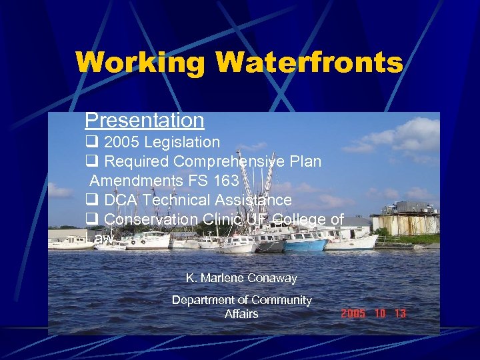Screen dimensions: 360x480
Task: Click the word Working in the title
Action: [x=141, y=63]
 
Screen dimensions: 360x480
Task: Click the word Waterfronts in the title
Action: [x=309, y=63]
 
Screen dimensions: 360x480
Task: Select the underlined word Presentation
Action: [x=144, y=121]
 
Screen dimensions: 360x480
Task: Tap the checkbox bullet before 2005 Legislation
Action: [x=91, y=142]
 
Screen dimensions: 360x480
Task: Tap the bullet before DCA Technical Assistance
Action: [x=91, y=200]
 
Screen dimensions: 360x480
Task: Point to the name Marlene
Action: [x=219, y=278]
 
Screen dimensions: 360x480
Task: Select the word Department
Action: [x=204, y=300]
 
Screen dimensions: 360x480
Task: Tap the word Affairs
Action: [x=241, y=313]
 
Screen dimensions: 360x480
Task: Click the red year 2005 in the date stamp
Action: [x=353, y=313]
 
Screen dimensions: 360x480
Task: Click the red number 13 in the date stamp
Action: [x=399, y=313]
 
